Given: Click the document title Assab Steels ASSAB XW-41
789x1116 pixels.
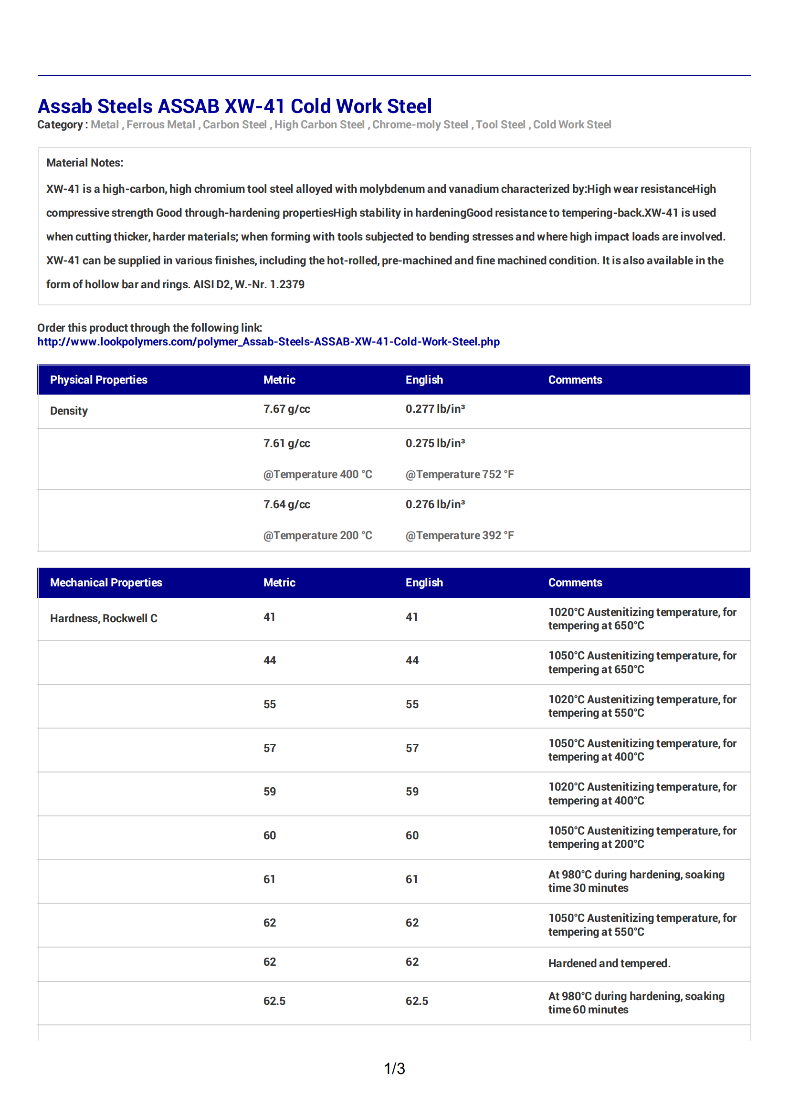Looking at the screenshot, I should click(x=234, y=106).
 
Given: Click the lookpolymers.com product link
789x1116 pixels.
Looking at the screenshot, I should click(x=268, y=342).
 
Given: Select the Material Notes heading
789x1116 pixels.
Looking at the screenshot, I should click(x=84, y=163).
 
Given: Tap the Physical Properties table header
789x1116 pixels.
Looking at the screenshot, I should click(x=99, y=380).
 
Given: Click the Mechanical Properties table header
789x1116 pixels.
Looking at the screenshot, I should click(x=106, y=582).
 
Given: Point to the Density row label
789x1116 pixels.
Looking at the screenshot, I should click(x=69, y=411).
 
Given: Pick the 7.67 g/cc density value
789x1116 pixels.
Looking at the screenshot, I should click(x=286, y=409).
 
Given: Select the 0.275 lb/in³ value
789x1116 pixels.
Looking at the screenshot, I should click(x=435, y=443).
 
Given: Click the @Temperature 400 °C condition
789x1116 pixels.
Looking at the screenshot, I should click(x=317, y=474).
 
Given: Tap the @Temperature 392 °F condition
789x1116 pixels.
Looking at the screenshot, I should click(x=459, y=535).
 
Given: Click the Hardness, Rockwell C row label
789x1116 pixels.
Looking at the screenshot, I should click(x=104, y=618).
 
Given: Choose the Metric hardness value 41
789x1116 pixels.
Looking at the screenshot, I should click(x=269, y=617).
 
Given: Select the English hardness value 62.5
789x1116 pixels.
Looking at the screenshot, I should click(x=417, y=1001).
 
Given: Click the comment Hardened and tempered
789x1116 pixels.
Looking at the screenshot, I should click(x=609, y=963).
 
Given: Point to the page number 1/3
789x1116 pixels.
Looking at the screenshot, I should click(x=394, y=1068).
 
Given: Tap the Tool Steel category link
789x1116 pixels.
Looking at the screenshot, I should click(x=500, y=125).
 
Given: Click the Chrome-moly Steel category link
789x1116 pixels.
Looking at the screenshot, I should click(x=420, y=125).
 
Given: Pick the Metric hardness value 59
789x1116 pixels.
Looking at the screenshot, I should click(x=270, y=791).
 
